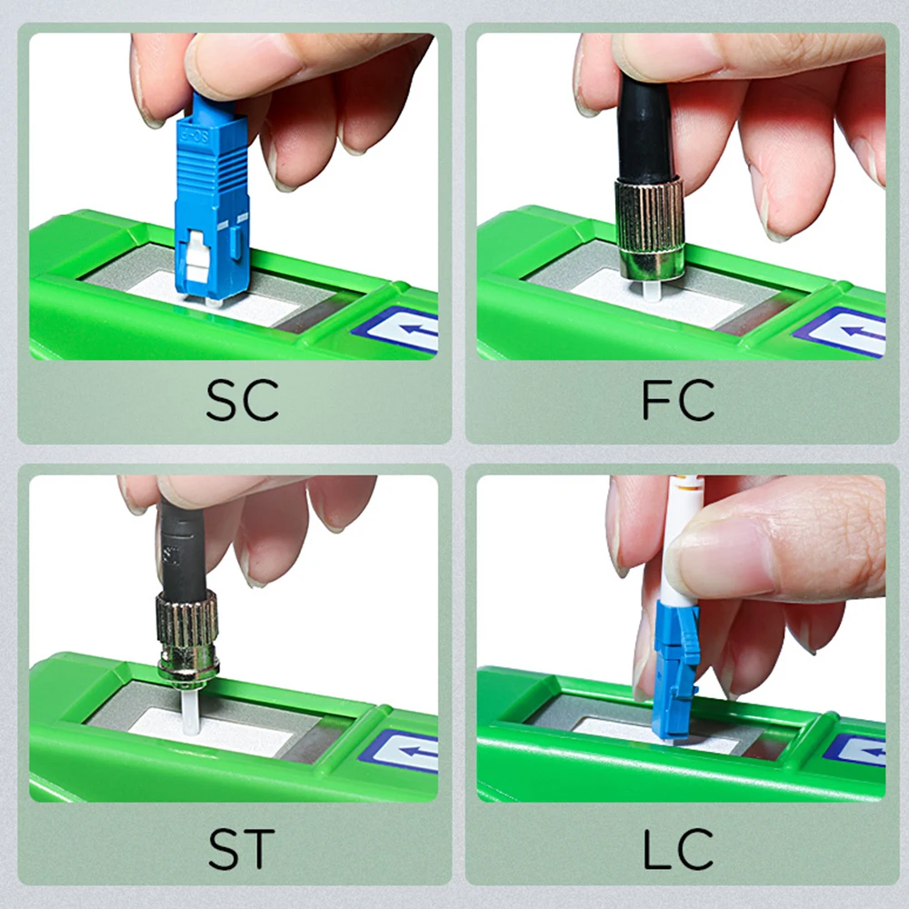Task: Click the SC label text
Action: point(241,400)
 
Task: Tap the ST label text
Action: point(241,847)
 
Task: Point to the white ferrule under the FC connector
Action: point(649,288)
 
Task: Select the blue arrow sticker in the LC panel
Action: point(860,750)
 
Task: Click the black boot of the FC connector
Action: point(645,127)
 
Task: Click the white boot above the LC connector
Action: point(684,545)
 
